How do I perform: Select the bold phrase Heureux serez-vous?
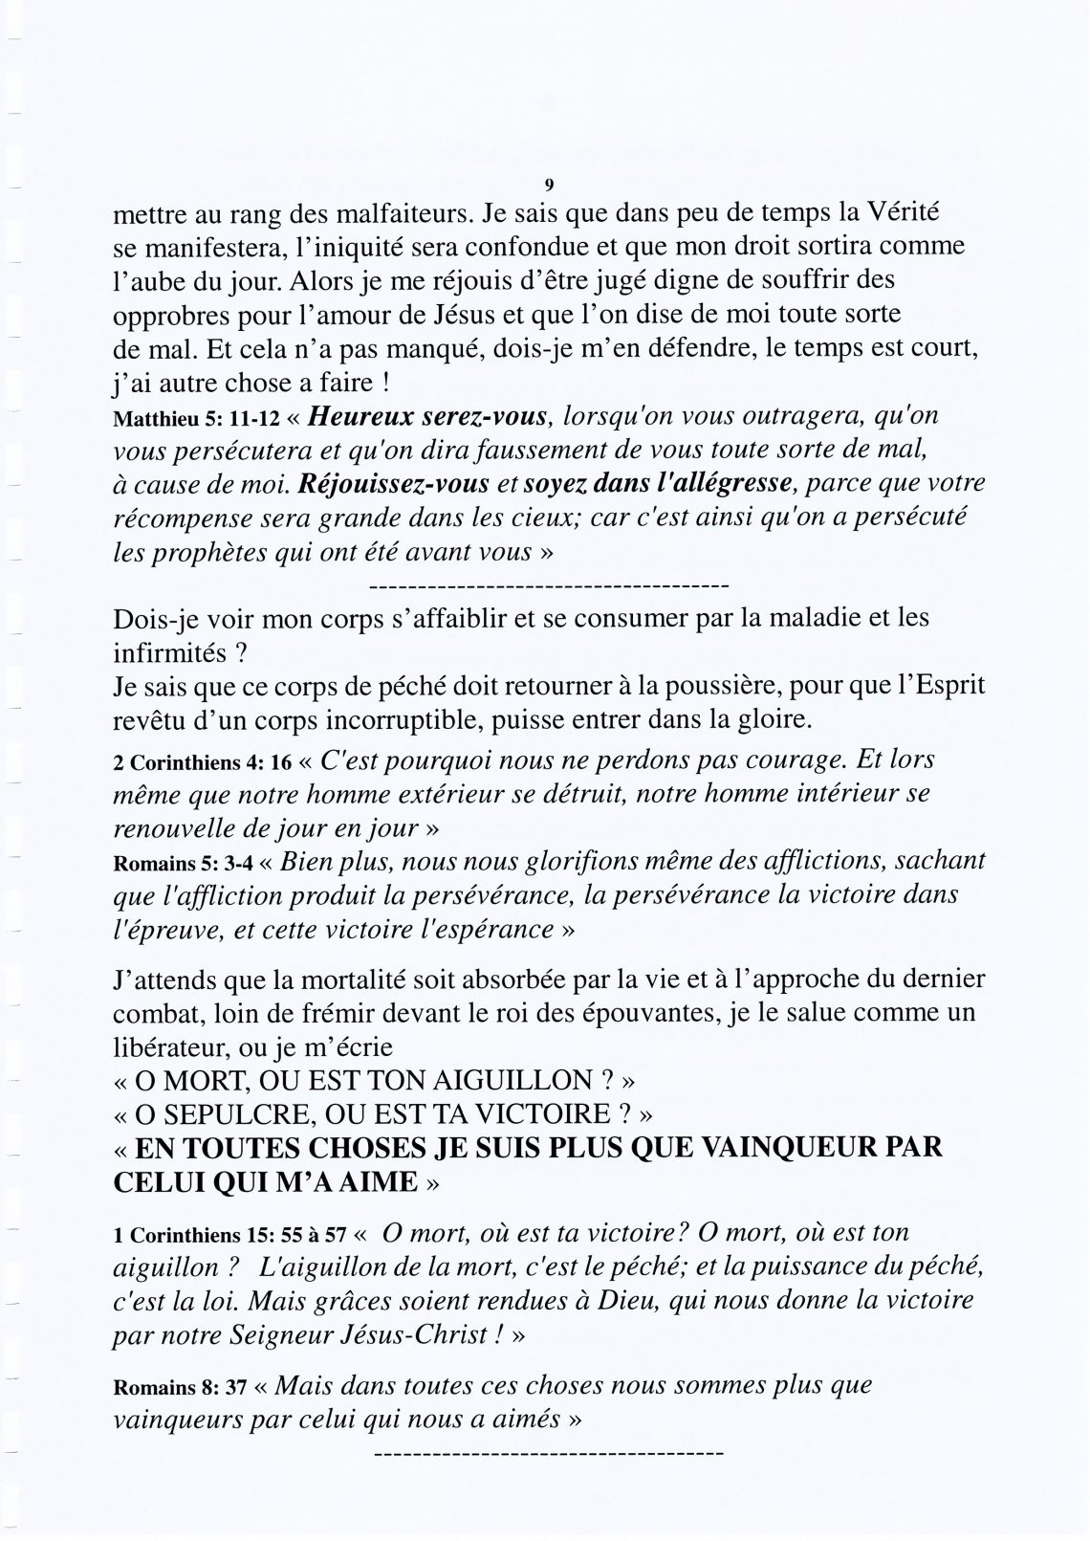tap(428, 417)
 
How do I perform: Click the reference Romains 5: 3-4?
tap(184, 865)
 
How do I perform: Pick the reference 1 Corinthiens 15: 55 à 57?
tap(226, 1236)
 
